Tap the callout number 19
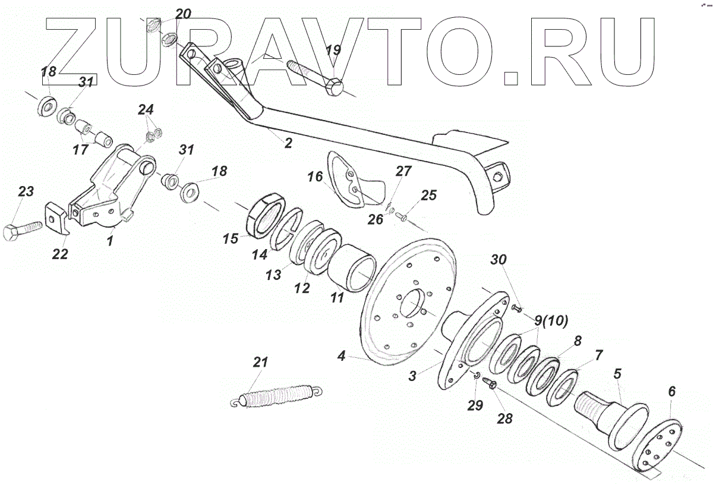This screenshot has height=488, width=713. click(333, 50)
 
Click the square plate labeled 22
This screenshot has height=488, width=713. click(58, 219)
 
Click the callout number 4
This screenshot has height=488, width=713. click(341, 357)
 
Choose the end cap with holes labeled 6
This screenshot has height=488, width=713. click(661, 445)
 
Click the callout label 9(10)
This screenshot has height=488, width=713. click(551, 320)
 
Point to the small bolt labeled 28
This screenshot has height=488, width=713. click(490, 383)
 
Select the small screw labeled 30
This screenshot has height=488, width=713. click(515, 308)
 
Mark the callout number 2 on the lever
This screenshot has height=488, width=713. click(288, 143)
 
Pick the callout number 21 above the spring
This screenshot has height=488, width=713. click(261, 362)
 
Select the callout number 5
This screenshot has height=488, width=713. click(618, 374)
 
